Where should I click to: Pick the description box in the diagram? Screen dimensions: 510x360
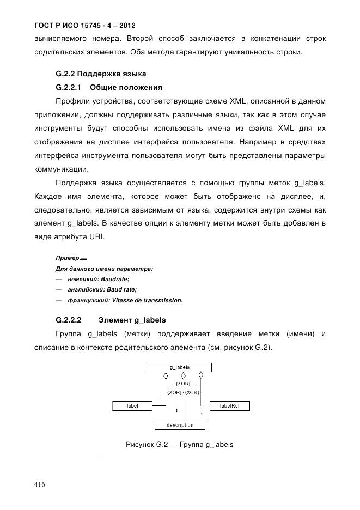180,425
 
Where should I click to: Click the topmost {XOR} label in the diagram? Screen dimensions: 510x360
184,384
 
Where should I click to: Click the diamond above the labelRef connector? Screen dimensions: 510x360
201,375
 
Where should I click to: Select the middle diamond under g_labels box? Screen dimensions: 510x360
184,375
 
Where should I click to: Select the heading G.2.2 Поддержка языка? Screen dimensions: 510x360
101,74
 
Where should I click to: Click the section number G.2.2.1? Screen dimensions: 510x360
69,87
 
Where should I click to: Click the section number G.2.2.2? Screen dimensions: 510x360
69,320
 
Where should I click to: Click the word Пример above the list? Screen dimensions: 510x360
67,258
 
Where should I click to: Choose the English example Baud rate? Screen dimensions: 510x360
121,289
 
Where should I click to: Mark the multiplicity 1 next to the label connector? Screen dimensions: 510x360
161,397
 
